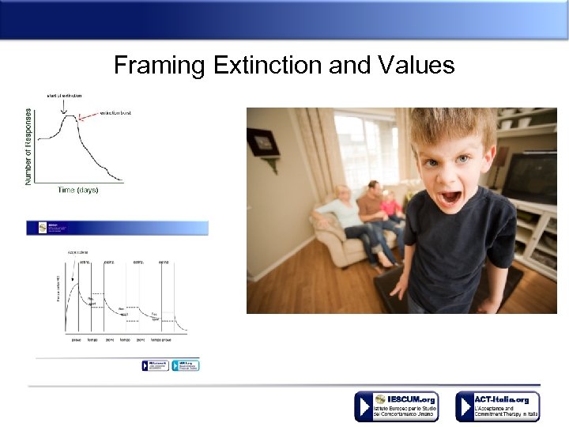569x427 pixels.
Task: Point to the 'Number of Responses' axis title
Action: coord(29,147)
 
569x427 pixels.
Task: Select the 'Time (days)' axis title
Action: coord(78,190)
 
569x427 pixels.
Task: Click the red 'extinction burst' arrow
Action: coord(89,117)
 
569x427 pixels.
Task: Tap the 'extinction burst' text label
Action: coord(115,113)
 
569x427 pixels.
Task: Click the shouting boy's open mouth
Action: coord(450,196)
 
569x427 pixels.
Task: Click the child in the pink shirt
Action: coord(391,207)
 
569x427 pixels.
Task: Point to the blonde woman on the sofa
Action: coord(342,213)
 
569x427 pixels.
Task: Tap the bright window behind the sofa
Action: coord(365,150)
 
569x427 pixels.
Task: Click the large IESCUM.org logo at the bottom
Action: coord(396,406)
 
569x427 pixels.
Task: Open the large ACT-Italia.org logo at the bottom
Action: coord(497,406)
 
